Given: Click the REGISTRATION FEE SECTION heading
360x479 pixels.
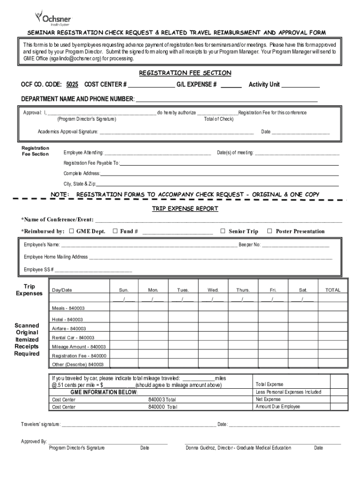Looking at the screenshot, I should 185,73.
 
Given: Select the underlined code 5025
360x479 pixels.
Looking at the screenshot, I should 72,85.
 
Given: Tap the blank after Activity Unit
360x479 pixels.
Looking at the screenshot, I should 301,86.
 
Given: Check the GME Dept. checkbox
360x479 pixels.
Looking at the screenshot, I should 72,231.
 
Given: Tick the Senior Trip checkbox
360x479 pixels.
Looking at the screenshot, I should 223,231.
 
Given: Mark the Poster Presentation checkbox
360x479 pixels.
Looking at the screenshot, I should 269,231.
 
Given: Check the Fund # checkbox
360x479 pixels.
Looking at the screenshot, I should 115,231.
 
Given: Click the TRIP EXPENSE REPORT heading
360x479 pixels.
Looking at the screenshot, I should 185,209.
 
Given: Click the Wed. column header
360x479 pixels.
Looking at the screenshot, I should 213,290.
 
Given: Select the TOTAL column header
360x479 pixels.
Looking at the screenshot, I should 333,290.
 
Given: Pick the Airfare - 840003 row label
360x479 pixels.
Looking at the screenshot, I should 69,328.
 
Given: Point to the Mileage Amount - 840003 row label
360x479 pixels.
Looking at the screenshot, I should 79,347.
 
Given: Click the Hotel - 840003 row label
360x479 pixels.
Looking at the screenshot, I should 67,319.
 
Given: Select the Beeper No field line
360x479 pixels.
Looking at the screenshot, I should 295,245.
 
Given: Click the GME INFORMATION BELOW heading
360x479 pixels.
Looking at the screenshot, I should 104,392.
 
